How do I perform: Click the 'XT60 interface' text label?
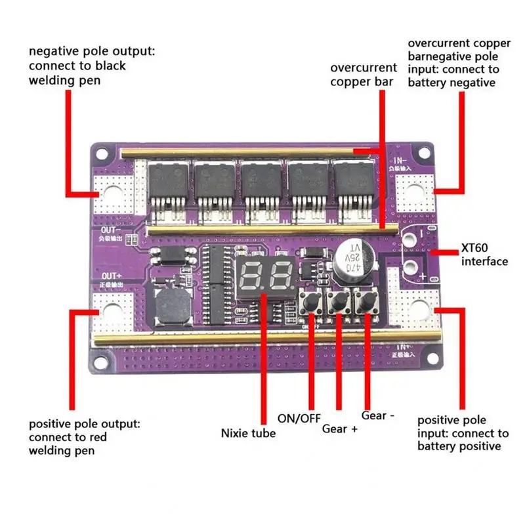(485, 255)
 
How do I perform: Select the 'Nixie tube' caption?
(248, 433)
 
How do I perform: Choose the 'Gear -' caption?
(378, 416)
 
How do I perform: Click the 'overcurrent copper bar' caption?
(364, 74)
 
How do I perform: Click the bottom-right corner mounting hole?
(429, 354)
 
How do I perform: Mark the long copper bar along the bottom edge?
(249, 337)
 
